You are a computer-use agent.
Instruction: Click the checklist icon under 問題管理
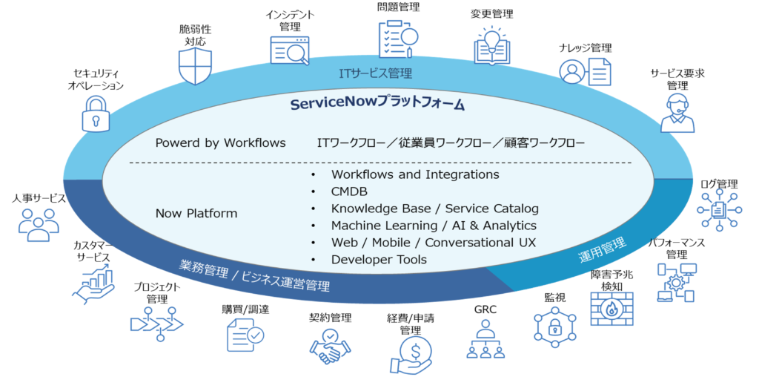coord(398,39)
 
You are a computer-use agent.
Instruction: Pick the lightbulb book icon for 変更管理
coord(491,46)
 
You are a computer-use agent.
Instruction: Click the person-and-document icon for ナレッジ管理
coord(585,72)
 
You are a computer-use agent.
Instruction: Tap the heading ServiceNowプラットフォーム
coord(377,104)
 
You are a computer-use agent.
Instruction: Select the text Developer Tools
coord(379,259)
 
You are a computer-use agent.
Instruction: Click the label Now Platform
coord(196,214)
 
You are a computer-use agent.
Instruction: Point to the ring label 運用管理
coord(601,251)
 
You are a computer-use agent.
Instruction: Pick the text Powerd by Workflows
coord(220,142)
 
